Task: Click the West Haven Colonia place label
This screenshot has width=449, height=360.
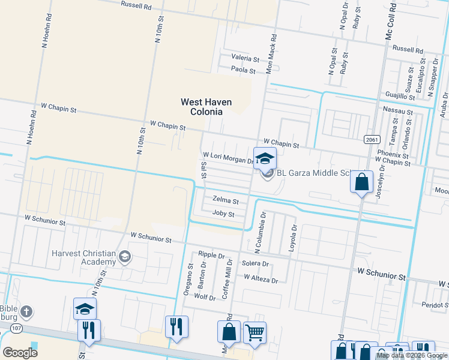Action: click(x=202, y=107)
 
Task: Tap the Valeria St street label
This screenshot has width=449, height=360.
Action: click(x=246, y=59)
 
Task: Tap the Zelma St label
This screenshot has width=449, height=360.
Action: click(x=226, y=201)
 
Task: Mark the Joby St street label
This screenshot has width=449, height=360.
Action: click(x=223, y=214)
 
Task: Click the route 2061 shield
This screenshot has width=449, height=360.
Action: click(x=372, y=139)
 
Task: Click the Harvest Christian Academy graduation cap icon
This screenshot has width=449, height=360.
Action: click(x=125, y=257)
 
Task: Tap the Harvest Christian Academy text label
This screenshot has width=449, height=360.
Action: click(x=83, y=257)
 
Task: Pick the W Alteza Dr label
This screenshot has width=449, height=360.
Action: click(x=261, y=280)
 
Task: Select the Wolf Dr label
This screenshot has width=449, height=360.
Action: click(x=205, y=297)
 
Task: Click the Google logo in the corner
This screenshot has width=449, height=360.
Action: click(x=20, y=352)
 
